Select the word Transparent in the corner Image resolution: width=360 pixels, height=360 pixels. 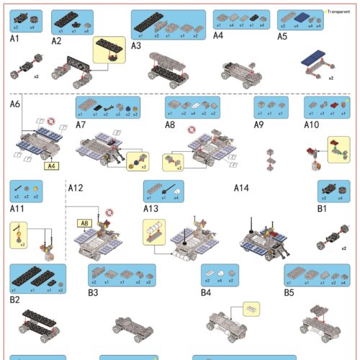point(338,12)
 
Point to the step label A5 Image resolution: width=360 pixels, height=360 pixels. point(283,35)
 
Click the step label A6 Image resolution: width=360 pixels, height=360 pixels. point(15,104)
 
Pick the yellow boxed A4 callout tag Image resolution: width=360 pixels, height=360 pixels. point(50,166)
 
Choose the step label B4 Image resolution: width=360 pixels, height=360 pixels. point(206,293)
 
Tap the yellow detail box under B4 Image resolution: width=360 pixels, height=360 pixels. point(251,309)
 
